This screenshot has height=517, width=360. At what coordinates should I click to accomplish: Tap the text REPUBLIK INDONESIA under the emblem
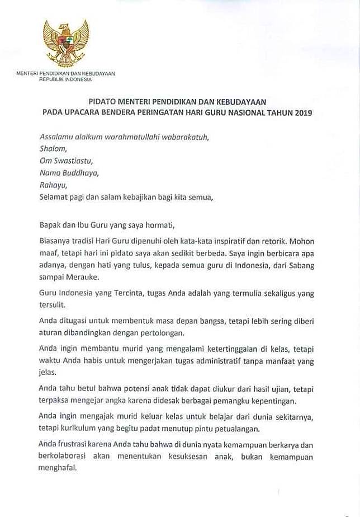pos(65,79)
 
